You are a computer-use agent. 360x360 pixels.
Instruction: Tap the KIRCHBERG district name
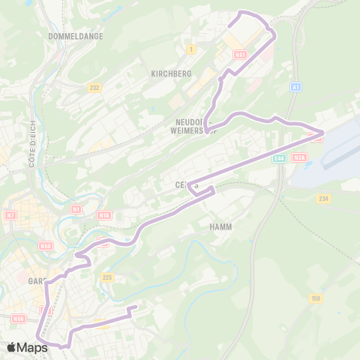tap(171, 73)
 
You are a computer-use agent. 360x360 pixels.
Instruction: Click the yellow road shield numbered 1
tap(192, 49)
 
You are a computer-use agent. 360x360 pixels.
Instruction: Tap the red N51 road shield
tap(240, 55)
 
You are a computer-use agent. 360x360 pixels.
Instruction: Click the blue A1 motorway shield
tap(297, 88)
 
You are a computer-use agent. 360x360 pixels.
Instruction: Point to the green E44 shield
tap(280, 157)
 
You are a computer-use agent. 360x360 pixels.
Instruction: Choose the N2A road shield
tap(300, 157)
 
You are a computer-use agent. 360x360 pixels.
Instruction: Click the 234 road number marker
tap(323, 198)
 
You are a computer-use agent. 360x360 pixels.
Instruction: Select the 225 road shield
tap(106, 277)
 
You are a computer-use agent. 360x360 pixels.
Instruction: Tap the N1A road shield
tap(103, 215)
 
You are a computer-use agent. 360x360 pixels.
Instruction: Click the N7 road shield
tap(10, 215)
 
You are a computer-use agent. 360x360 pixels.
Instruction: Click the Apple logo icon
tap(12, 347)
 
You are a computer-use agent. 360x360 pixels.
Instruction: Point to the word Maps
tap(33, 347)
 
